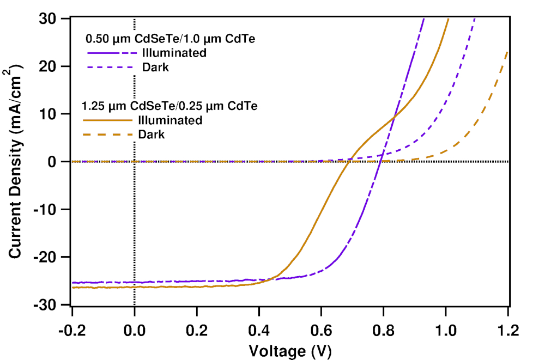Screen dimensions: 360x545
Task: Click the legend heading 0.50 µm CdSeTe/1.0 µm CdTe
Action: click(171, 39)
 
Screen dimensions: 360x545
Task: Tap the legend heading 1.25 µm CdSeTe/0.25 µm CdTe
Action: click(169, 106)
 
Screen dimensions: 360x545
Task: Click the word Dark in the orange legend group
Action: click(151, 134)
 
